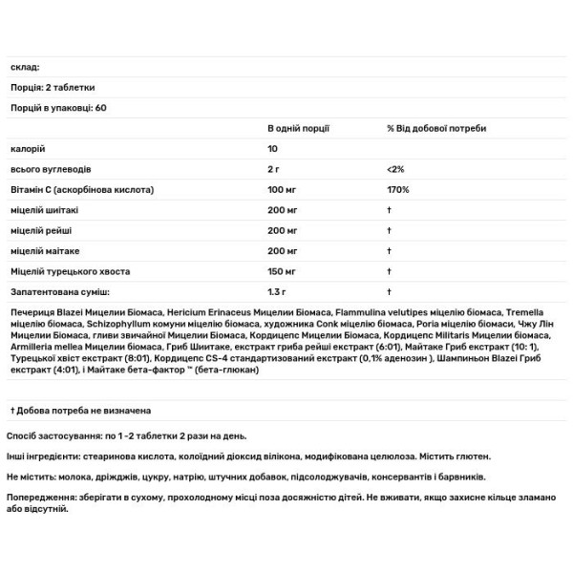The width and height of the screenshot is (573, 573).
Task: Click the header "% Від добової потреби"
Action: (x=436, y=128)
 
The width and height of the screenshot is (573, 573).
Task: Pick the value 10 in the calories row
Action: (x=273, y=149)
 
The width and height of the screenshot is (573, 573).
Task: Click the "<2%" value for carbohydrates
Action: (x=395, y=170)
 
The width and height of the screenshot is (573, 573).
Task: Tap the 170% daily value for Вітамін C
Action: (x=397, y=191)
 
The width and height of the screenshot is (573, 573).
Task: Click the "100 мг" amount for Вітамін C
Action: (x=285, y=191)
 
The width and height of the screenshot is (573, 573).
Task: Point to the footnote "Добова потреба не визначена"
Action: (x=84, y=411)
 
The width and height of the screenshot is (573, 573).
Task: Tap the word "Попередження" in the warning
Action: (x=40, y=498)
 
